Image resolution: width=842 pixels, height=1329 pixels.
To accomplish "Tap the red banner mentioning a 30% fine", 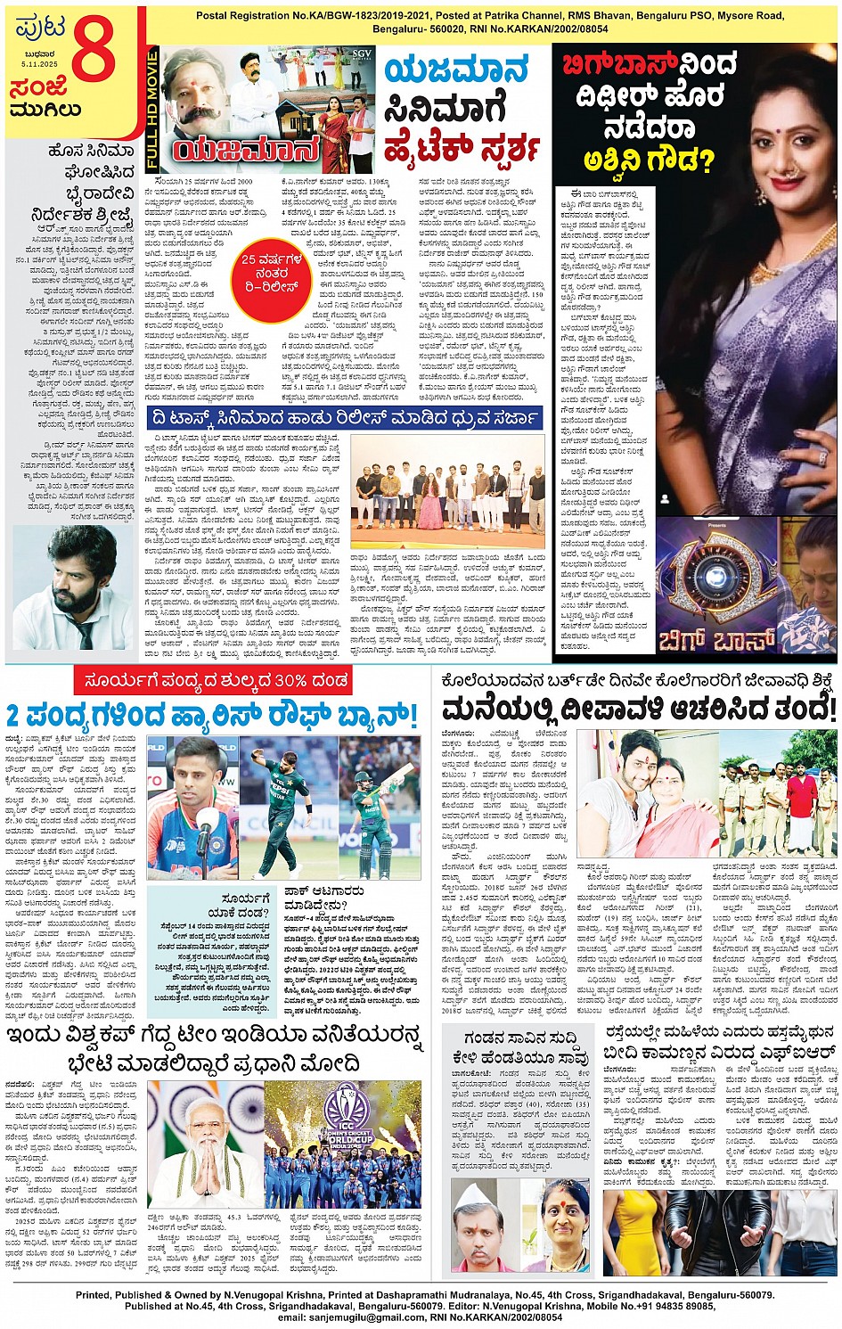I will [212, 681].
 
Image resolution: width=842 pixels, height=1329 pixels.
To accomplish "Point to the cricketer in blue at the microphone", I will [192, 807].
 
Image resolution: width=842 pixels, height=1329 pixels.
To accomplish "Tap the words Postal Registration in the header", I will [237, 16].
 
